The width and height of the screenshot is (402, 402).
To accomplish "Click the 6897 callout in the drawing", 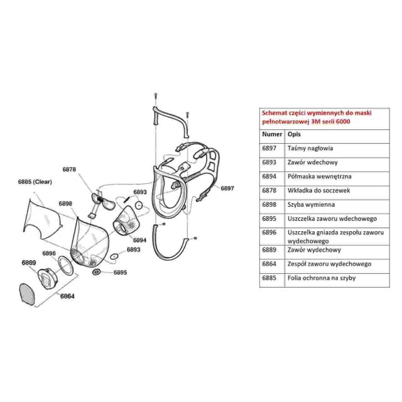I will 227,188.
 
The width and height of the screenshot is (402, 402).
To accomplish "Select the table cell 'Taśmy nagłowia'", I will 310,149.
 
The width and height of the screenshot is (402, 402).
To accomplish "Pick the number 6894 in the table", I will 269,177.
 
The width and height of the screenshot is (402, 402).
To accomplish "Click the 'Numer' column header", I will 271,134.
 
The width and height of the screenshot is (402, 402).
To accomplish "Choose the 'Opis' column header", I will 295,134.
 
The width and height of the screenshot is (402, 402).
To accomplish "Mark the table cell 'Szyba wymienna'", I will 311,204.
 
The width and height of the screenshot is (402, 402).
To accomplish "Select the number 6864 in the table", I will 269,264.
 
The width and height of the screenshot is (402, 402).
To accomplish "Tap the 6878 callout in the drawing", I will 70,170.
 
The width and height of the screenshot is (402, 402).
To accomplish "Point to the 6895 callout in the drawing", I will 120,273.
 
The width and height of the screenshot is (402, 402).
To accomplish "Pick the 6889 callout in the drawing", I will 28,262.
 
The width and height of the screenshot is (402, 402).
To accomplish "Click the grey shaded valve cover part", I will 28,295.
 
